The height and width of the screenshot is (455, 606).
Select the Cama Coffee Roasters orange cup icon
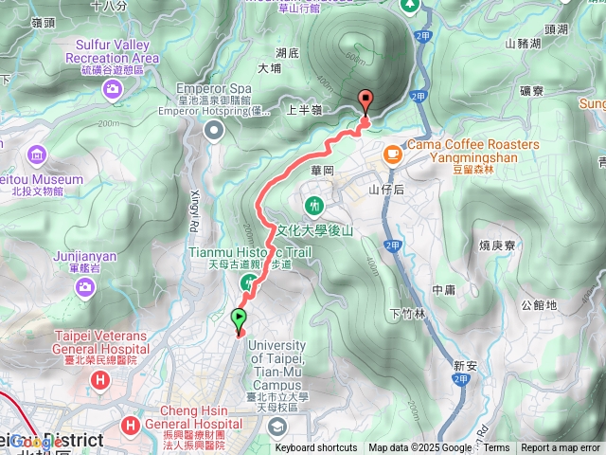pos(391,153)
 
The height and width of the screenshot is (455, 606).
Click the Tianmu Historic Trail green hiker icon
pos(248,282)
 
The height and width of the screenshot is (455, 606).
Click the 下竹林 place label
pos(407,313)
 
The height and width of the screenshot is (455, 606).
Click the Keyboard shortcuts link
pos(316,448)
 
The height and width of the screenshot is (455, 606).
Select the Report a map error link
pos(561,448)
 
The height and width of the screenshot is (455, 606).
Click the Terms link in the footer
pos(496,448)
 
